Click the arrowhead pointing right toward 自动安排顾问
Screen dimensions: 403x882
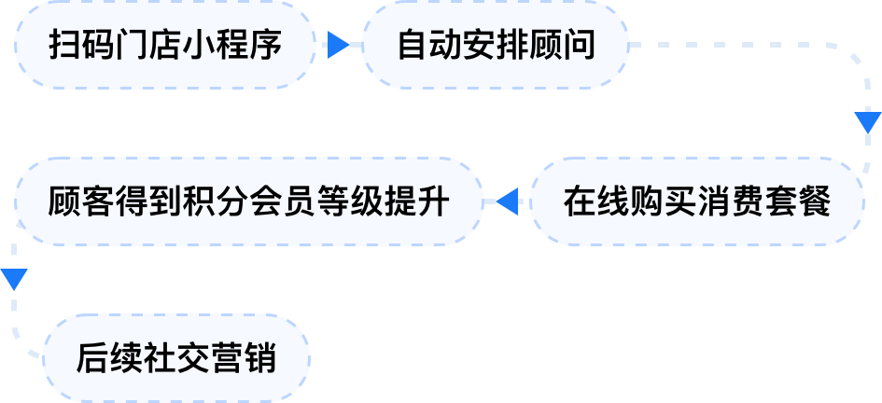click(339, 45)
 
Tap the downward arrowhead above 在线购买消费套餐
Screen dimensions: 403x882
click(867, 122)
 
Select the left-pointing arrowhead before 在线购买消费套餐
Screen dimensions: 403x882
click(508, 201)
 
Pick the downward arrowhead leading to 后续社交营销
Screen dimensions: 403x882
click(14, 279)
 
